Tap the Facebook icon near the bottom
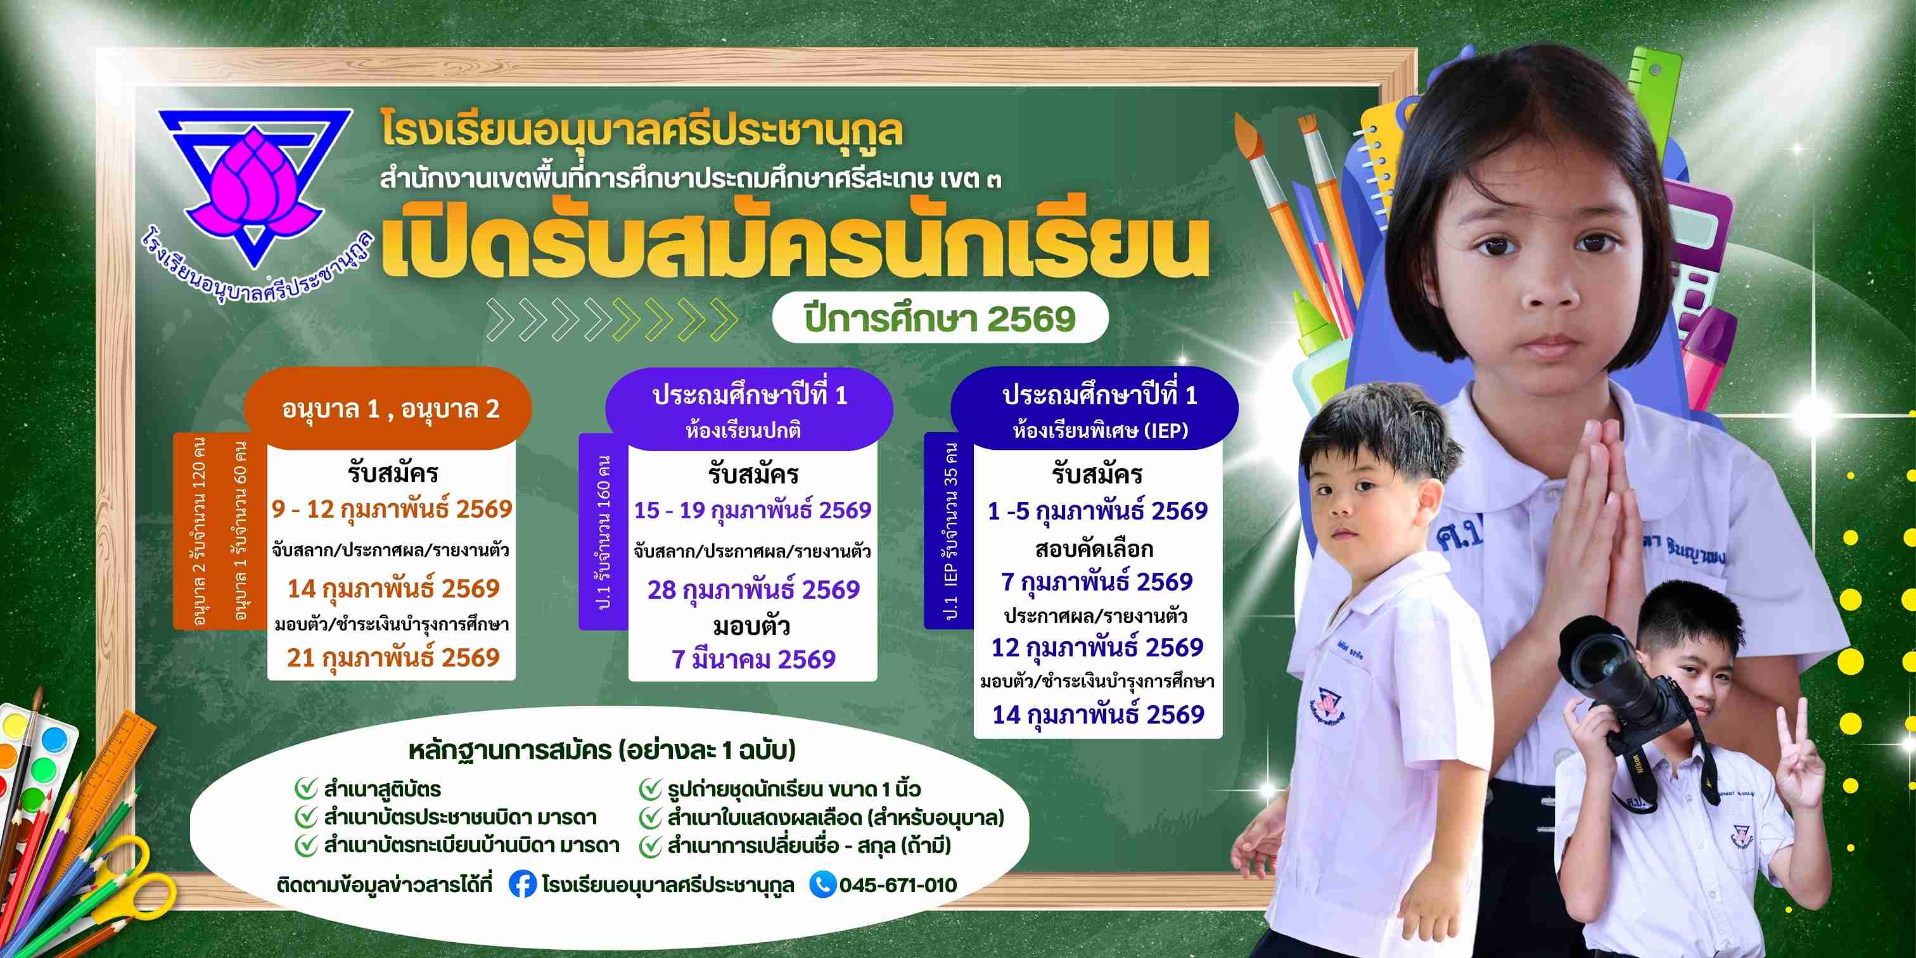pos(523,885)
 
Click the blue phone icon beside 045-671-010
pos(822,885)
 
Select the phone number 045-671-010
pos(898,885)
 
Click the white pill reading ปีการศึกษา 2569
pos(940,318)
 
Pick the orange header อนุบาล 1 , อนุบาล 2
pos(389,408)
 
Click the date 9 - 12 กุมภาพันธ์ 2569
pos(392,509)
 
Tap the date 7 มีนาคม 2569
pos(753,659)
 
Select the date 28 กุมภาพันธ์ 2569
pos(753,590)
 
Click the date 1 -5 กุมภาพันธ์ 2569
pos(1098,511)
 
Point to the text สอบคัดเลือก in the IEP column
pos(1094,549)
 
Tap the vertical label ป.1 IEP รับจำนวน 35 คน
pos(949,531)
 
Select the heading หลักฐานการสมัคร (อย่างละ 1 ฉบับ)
pos(602,750)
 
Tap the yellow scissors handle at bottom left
pos(134,885)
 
